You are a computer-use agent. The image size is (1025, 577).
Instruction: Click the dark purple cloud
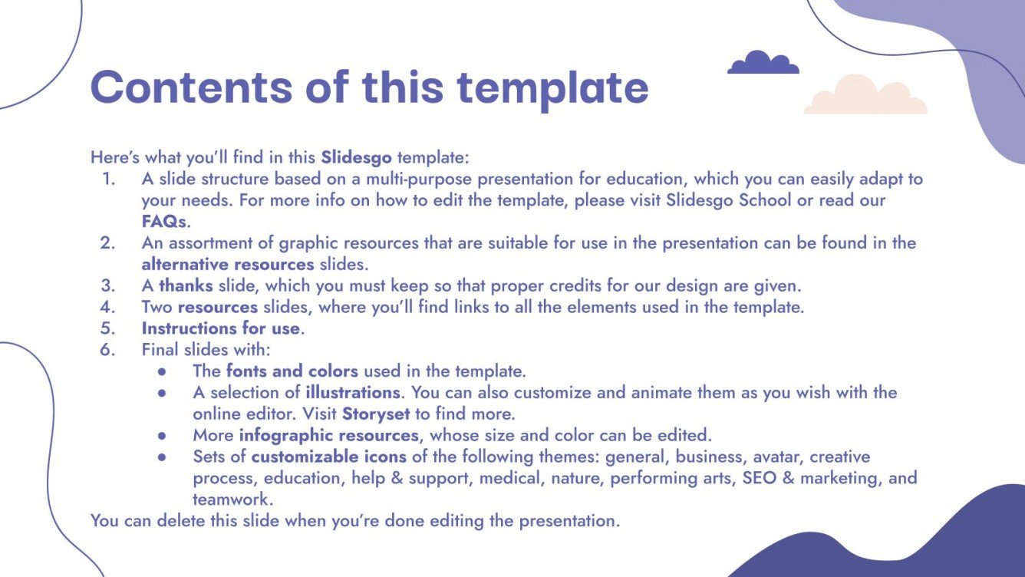763,64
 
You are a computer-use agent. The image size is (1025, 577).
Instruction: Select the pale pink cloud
865,97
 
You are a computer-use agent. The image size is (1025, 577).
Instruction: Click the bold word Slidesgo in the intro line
356,158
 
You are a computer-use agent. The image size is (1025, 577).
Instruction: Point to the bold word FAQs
164,222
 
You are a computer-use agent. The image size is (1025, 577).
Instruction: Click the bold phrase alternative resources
228,265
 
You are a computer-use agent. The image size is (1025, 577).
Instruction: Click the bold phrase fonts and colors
292,371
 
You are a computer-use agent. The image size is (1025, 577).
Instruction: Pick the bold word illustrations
353,393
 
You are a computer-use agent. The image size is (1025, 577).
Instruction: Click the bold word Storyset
376,414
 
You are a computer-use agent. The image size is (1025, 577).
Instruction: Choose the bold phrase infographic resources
329,436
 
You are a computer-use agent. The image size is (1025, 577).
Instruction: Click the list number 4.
107,308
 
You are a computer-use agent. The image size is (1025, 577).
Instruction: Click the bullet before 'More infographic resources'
162,436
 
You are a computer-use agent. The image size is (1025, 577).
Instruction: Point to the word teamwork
231,500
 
